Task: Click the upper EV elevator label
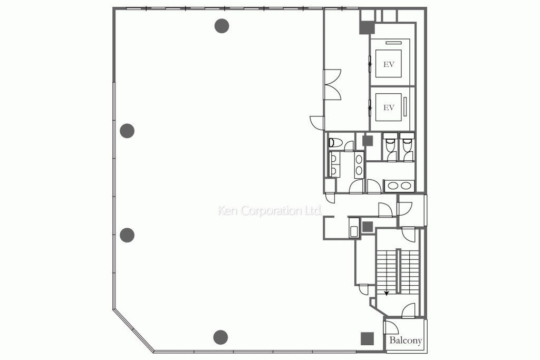point(389,64)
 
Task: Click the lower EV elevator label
point(389,108)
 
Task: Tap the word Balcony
point(406,341)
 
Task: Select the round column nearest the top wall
point(222,25)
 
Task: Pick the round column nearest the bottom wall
point(220,336)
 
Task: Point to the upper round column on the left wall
point(127,130)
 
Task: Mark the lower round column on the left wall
point(127,235)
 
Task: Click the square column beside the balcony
point(367,338)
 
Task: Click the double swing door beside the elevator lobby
point(333,84)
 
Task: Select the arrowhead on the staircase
point(387,293)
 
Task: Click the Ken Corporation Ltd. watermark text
point(270,211)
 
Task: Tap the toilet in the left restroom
point(334,142)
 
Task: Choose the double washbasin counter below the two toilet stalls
point(399,186)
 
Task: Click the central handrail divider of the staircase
point(399,271)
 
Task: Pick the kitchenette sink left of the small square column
point(354,230)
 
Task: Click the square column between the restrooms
point(368,141)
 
